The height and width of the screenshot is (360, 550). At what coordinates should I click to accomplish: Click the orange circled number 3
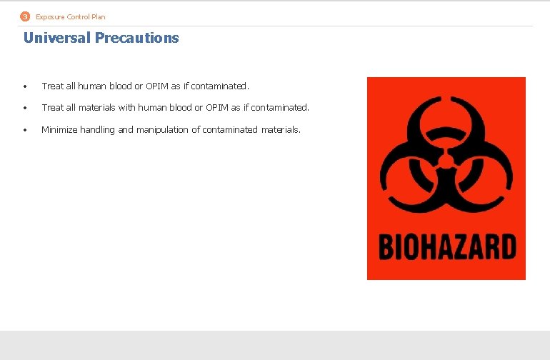[26, 16]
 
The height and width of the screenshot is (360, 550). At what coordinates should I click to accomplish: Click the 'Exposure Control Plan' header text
[70, 16]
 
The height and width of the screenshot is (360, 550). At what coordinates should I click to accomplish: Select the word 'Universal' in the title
[56, 38]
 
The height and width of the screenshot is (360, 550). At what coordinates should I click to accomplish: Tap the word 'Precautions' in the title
[136, 38]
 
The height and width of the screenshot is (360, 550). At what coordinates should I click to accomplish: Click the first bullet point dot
[24, 87]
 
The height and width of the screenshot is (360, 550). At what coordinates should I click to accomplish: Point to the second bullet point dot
[24, 109]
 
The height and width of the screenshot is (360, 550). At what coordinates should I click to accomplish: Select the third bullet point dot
[24, 130]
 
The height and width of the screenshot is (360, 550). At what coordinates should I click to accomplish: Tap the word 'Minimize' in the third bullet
[59, 129]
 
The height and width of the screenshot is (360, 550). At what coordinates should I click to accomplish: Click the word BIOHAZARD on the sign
[446, 248]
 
